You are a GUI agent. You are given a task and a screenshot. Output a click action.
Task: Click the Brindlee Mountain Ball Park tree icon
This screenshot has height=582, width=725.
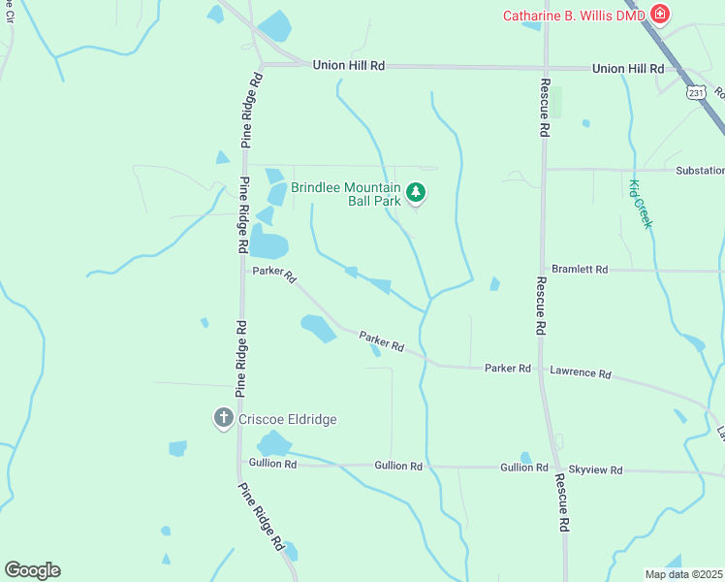coord(416,193)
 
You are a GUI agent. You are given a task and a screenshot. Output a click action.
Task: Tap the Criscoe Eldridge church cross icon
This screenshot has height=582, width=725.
coord(223,419)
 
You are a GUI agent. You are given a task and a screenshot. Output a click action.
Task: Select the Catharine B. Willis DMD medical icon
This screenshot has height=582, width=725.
coord(660,14)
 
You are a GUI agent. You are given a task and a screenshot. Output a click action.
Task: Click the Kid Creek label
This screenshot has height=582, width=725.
coord(641,204)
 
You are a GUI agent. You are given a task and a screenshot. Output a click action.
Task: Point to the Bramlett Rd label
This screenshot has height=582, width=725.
coord(579,269)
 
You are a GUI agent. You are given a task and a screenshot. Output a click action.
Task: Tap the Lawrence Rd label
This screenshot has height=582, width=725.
coord(581,372)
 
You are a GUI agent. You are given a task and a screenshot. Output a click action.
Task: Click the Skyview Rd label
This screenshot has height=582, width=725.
coord(594,469)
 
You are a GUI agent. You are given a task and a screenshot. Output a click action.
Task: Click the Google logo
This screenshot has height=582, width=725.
coord(32,569)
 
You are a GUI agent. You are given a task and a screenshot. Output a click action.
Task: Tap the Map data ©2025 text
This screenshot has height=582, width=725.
coord(683,574)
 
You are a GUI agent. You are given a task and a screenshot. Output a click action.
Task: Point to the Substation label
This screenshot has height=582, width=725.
coord(699,170)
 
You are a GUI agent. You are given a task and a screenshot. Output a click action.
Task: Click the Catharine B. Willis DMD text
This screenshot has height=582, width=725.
coord(575,15)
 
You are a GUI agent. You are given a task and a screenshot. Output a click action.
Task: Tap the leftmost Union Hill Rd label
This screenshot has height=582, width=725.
coord(349,65)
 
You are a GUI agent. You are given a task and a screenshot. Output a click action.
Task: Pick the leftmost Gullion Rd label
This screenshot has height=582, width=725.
coord(272,464)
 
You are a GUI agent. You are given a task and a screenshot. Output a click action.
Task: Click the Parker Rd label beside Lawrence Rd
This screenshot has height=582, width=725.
coord(508,369)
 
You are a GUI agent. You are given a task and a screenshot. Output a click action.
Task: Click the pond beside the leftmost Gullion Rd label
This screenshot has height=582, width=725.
coord(274,444)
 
